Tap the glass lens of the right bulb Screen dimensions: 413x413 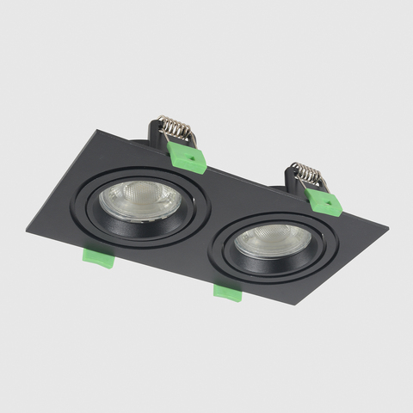[272, 240]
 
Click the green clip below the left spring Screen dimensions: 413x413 [188, 158]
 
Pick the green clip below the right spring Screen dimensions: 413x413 [324, 201]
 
